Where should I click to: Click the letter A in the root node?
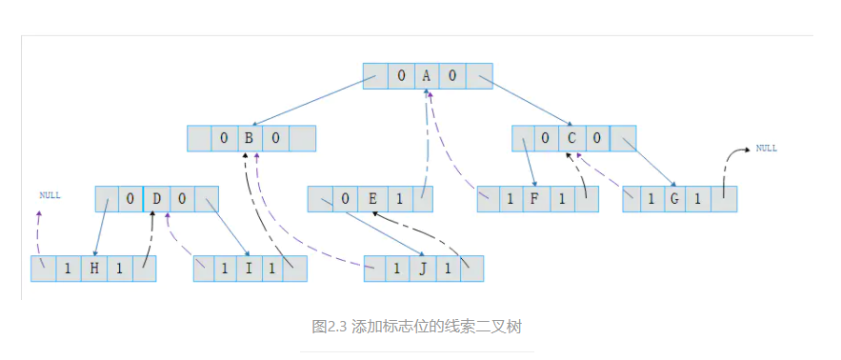tap(428, 77)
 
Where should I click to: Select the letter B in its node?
tap(250, 139)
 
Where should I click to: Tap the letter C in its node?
tap(571, 139)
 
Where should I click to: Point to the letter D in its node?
tap(156, 199)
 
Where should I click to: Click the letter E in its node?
tap(371, 199)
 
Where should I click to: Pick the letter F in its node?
tap(537, 199)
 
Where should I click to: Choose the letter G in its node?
tap(675, 199)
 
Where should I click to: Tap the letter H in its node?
tap(93, 269)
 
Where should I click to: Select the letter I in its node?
tap(250, 269)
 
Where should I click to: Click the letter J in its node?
tap(422, 269)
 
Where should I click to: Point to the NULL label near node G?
tap(766, 149)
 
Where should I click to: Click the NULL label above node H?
tap(50, 195)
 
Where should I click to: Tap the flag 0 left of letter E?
tap(346, 199)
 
